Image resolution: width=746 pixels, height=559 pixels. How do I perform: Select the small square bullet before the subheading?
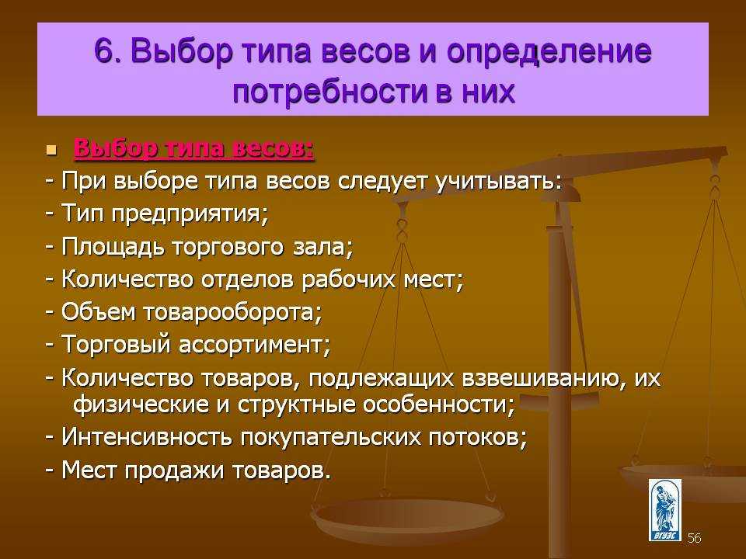click(x=51, y=151)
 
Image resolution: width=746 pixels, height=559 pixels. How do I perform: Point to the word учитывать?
click(x=499, y=182)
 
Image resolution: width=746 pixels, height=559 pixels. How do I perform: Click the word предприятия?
click(x=190, y=214)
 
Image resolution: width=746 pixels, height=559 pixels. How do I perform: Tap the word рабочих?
click(x=348, y=279)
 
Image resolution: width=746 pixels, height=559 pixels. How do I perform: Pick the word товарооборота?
click(x=232, y=312)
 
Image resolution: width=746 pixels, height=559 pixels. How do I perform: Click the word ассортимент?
click(x=255, y=345)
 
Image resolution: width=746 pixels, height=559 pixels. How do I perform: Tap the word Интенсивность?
click(x=147, y=437)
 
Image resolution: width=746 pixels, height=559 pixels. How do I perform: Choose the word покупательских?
click(x=330, y=438)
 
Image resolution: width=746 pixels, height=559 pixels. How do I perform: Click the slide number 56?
click(x=694, y=538)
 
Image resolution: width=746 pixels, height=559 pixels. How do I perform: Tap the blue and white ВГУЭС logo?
click(x=664, y=510)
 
